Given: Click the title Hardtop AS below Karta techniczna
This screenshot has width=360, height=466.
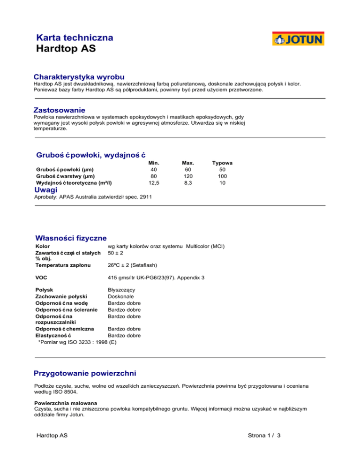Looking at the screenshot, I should pyautogui.click(x=66, y=49).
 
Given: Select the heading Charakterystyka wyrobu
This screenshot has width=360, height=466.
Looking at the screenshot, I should pyautogui.click(x=79, y=76).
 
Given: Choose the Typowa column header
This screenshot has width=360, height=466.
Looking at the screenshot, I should pyautogui.click(x=222, y=163).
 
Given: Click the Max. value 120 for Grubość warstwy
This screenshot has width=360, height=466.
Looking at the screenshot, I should pyautogui.click(x=188, y=176).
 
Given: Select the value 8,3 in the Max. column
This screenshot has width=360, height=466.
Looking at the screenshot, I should pyautogui.click(x=188, y=183).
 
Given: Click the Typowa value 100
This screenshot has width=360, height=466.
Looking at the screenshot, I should pyautogui.click(x=222, y=176).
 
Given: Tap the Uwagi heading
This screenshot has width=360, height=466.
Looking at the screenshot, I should pyautogui.click(x=46, y=190).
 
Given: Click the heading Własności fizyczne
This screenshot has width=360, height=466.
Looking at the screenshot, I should pyautogui.click(x=71, y=238).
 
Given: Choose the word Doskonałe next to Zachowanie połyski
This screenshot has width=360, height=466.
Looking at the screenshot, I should pyautogui.click(x=120, y=297).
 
